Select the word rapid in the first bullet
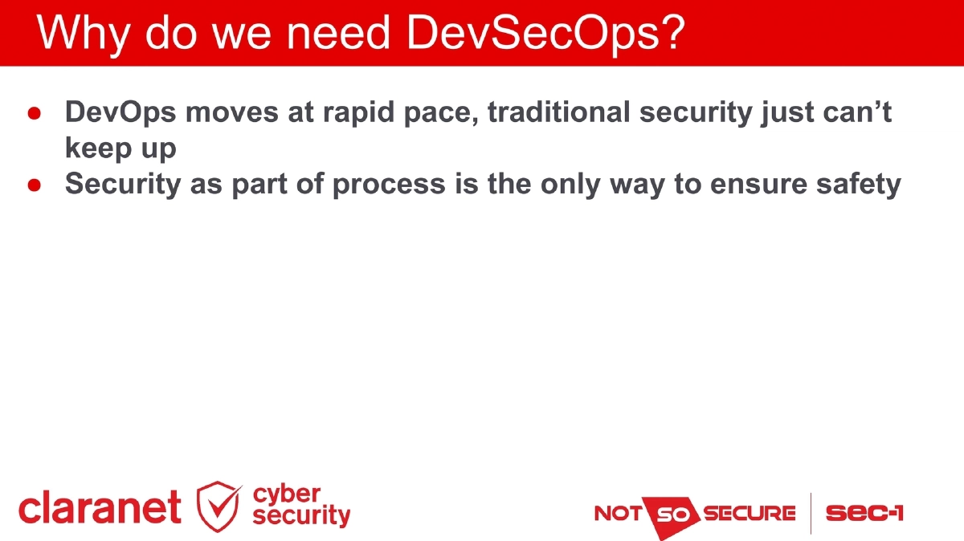(360, 112)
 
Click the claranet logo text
(100, 507)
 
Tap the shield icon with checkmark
(219, 506)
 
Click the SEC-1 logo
(864, 513)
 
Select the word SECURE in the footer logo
(750, 513)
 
